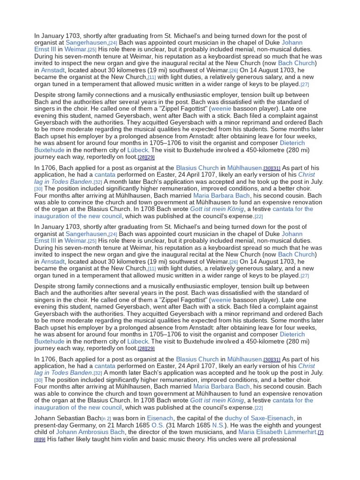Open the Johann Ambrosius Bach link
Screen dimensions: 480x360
coord(85,432)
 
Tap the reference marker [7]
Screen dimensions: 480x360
coord(321,433)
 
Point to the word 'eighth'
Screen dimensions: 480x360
coord(277,425)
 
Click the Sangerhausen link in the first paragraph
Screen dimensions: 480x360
coord(86,43)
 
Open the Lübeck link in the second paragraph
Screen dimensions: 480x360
coord(137,150)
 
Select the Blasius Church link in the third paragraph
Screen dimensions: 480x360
coord(197,167)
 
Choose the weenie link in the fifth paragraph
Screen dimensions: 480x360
coord(221,300)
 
